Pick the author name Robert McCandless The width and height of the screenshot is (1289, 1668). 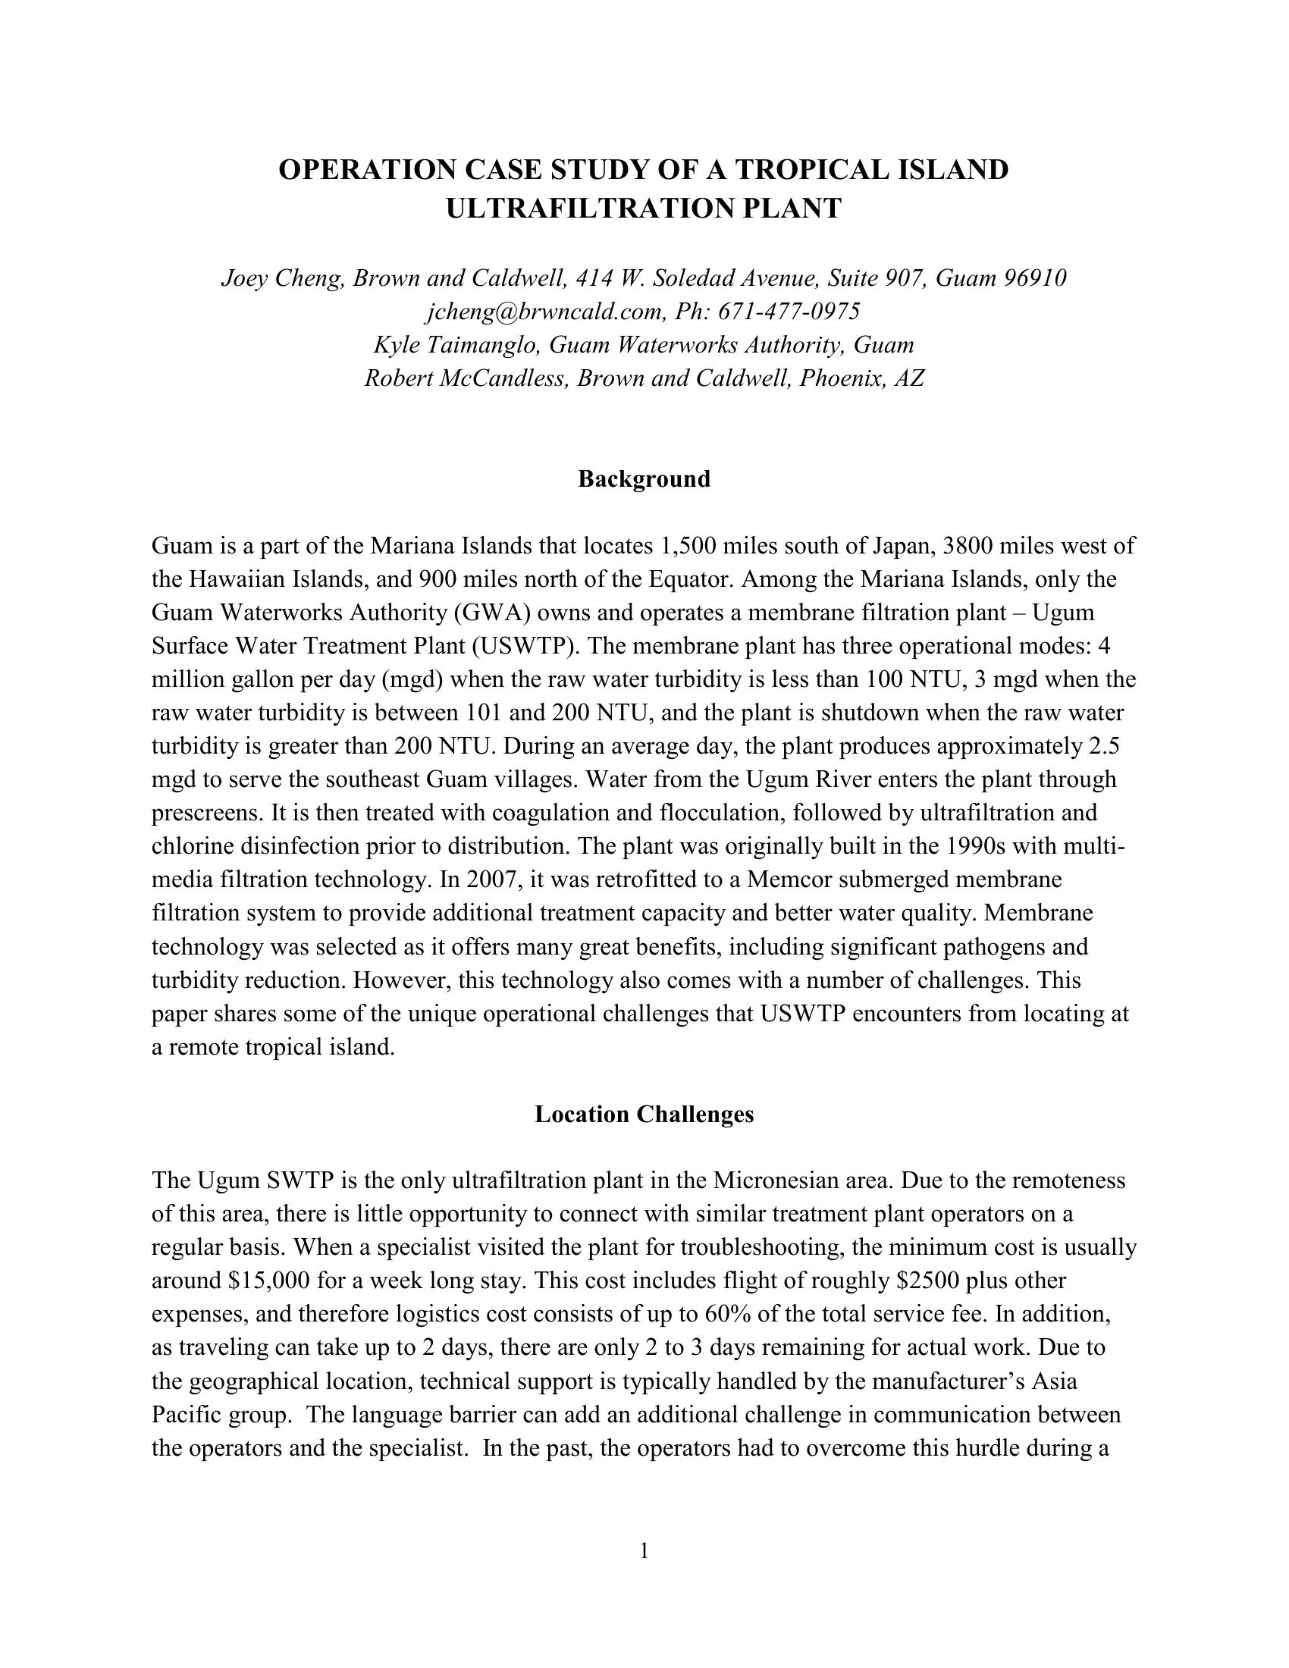click(466, 378)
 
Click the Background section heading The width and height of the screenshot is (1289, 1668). click(644, 479)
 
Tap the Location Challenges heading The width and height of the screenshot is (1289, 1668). click(644, 1115)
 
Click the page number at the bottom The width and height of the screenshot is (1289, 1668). click(644, 1550)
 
